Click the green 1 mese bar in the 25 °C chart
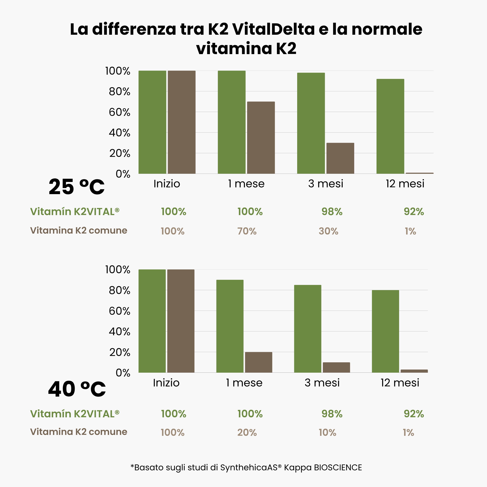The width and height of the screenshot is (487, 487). click(x=231, y=122)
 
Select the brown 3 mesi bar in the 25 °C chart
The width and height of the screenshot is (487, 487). click(x=340, y=158)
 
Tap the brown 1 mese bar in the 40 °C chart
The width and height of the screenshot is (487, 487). click(x=258, y=362)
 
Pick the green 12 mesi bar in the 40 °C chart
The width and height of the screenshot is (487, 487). click(x=385, y=331)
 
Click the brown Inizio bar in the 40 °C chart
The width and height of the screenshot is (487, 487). click(x=181, y=321)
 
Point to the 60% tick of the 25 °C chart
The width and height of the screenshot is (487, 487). click(x=119, y=112)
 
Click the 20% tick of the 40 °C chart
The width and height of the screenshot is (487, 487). click(x=119, y=352)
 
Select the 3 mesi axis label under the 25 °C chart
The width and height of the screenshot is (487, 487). click(x=325, y=184)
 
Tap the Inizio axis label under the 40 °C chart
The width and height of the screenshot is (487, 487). click(x=166, y=383)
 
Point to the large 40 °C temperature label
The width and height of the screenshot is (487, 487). click(x=77, y=389)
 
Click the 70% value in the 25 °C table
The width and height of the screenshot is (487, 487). click(x=247, y=231)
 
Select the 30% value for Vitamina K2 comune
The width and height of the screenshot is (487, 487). click(x=328, y=231)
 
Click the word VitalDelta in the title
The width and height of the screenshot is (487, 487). click(x=273, y=29)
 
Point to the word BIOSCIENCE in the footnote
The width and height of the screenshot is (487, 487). click(x=338, y=468)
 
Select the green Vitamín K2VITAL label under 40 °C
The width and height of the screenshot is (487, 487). click(x=75, y=414)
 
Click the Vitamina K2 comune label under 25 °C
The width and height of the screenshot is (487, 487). click(x=79, y=230)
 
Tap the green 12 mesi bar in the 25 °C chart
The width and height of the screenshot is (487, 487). click(x=390, y=126)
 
